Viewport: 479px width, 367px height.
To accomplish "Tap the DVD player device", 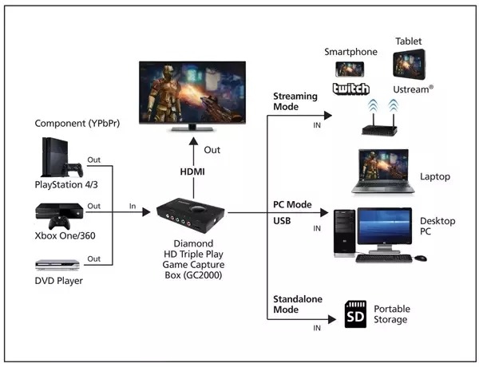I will pyautogui.click(x=58, y=264).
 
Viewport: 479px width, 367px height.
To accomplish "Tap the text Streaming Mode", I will pyautogui.click(x=295, y=102).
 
